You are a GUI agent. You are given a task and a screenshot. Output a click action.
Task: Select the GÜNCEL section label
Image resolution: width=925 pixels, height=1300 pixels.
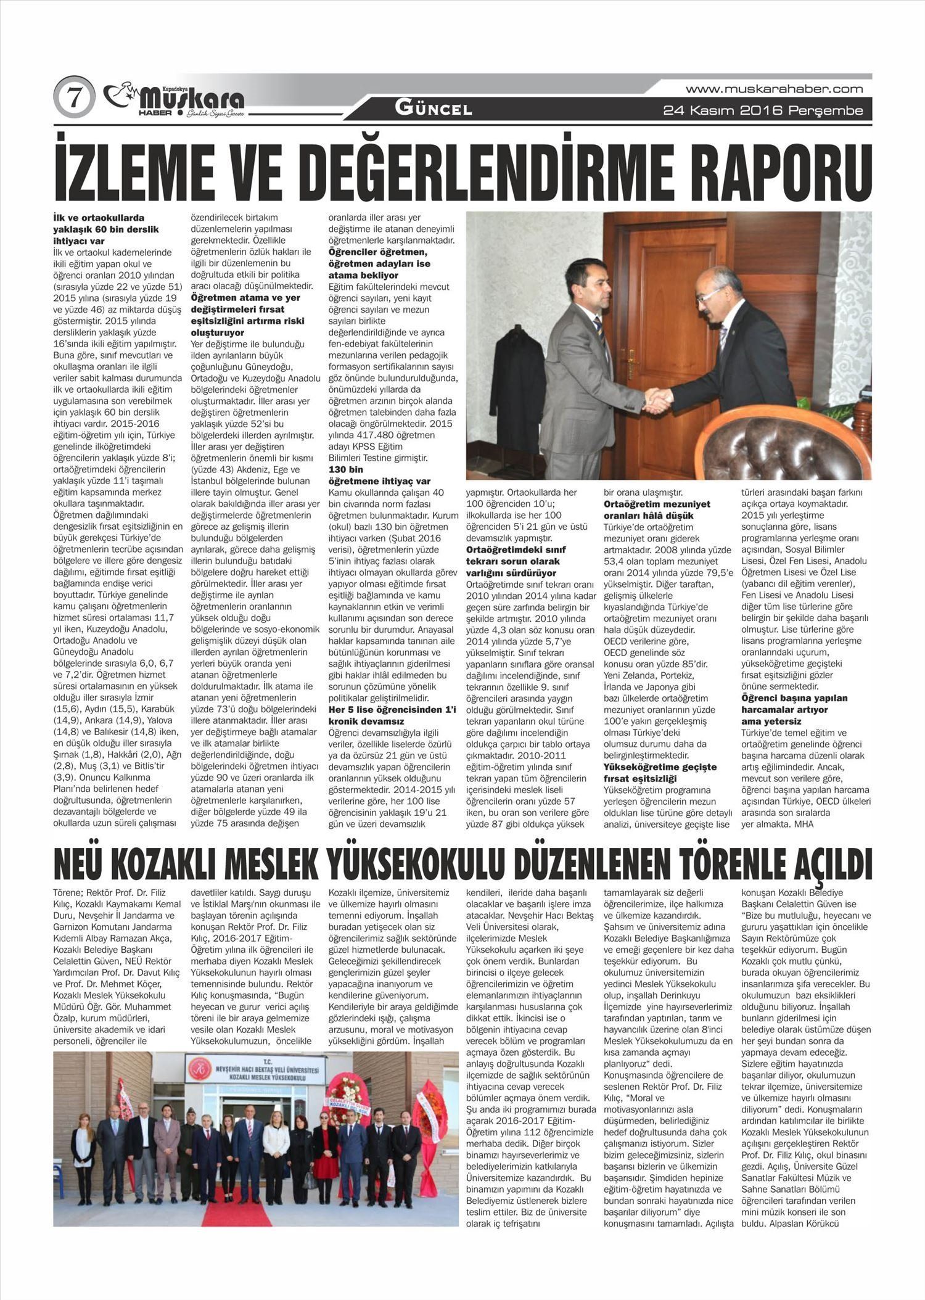(434, 109)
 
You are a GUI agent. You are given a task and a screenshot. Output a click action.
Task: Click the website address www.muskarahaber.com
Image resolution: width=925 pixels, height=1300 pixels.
(774, 89)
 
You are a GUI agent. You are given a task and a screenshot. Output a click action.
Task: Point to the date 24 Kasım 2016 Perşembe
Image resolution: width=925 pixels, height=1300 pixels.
(763, 111)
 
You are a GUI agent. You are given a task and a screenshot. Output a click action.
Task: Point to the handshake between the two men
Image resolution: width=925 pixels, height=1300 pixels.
(658, 400)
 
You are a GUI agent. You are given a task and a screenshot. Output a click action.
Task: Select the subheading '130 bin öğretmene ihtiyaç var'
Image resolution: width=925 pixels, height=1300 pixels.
(379, 475)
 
